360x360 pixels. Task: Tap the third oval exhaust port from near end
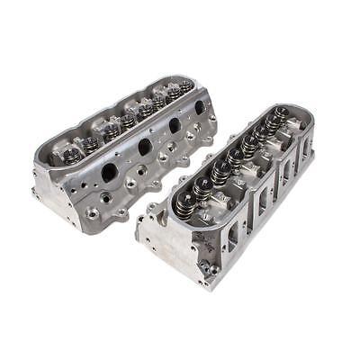(x=174, y=125)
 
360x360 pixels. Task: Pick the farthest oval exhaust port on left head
(x=199, y=107)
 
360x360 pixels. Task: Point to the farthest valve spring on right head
(x=282, y=114)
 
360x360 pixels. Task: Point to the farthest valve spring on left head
(x=185, y=86)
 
